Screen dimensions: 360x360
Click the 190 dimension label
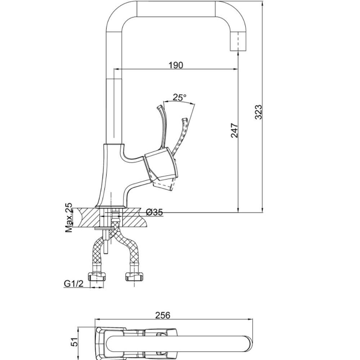(x=176, y=65)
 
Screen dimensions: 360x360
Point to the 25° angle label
(x=179, y=97)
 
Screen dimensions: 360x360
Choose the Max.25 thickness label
(x=69, y=217)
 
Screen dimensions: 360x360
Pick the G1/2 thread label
(x=74, y=284)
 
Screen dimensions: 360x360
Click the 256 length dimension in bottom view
(x=163, y=315)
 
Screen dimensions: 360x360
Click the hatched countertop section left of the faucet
(x=86, y=217)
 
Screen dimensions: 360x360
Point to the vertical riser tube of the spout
(x=114, y=104)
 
